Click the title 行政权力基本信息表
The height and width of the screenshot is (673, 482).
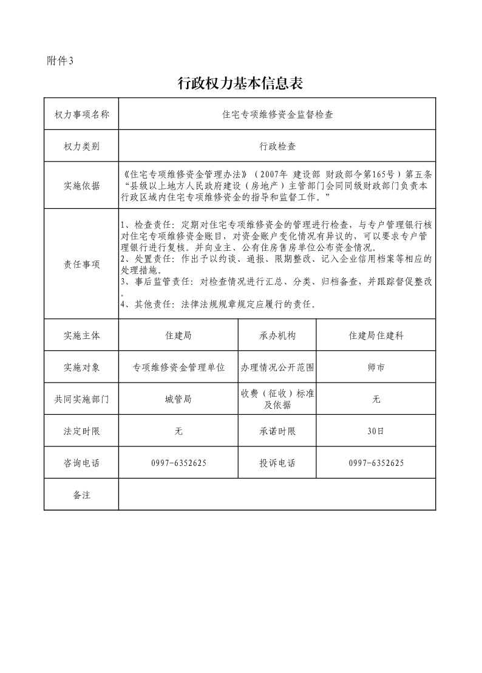[x=240, y=84]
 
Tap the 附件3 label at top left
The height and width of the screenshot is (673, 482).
[x=59, y=60]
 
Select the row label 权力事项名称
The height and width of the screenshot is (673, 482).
[x=81, y=114]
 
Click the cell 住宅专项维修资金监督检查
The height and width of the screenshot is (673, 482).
[x=277, y=114]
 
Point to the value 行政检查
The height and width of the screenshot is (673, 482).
[x=277, y=146]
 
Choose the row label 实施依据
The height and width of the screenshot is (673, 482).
[x=81, y=186]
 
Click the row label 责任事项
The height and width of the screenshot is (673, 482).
[x=81, y=265]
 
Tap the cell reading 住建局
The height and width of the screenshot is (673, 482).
[x=178, y=335]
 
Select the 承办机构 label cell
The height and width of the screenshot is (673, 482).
[x=277, y=335]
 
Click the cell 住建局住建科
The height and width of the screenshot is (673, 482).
[x=376, y=335]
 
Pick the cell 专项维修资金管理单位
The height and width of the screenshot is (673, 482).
[x=178, y=367]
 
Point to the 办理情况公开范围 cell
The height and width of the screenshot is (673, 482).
[x=277, y=367]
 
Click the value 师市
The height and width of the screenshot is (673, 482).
[x=376, y=367]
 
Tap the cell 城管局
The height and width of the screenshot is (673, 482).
[x=178, y=399]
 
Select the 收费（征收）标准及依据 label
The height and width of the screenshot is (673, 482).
[x=277, y=399]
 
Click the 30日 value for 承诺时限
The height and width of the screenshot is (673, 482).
[x=376, y=431]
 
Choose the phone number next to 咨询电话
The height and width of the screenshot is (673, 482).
[x=178, y=463]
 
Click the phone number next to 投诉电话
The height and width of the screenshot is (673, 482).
[x=376, y=463]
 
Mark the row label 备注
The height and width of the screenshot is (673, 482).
[x=81, y=495]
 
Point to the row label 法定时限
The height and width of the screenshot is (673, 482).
[x=81, y=431]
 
